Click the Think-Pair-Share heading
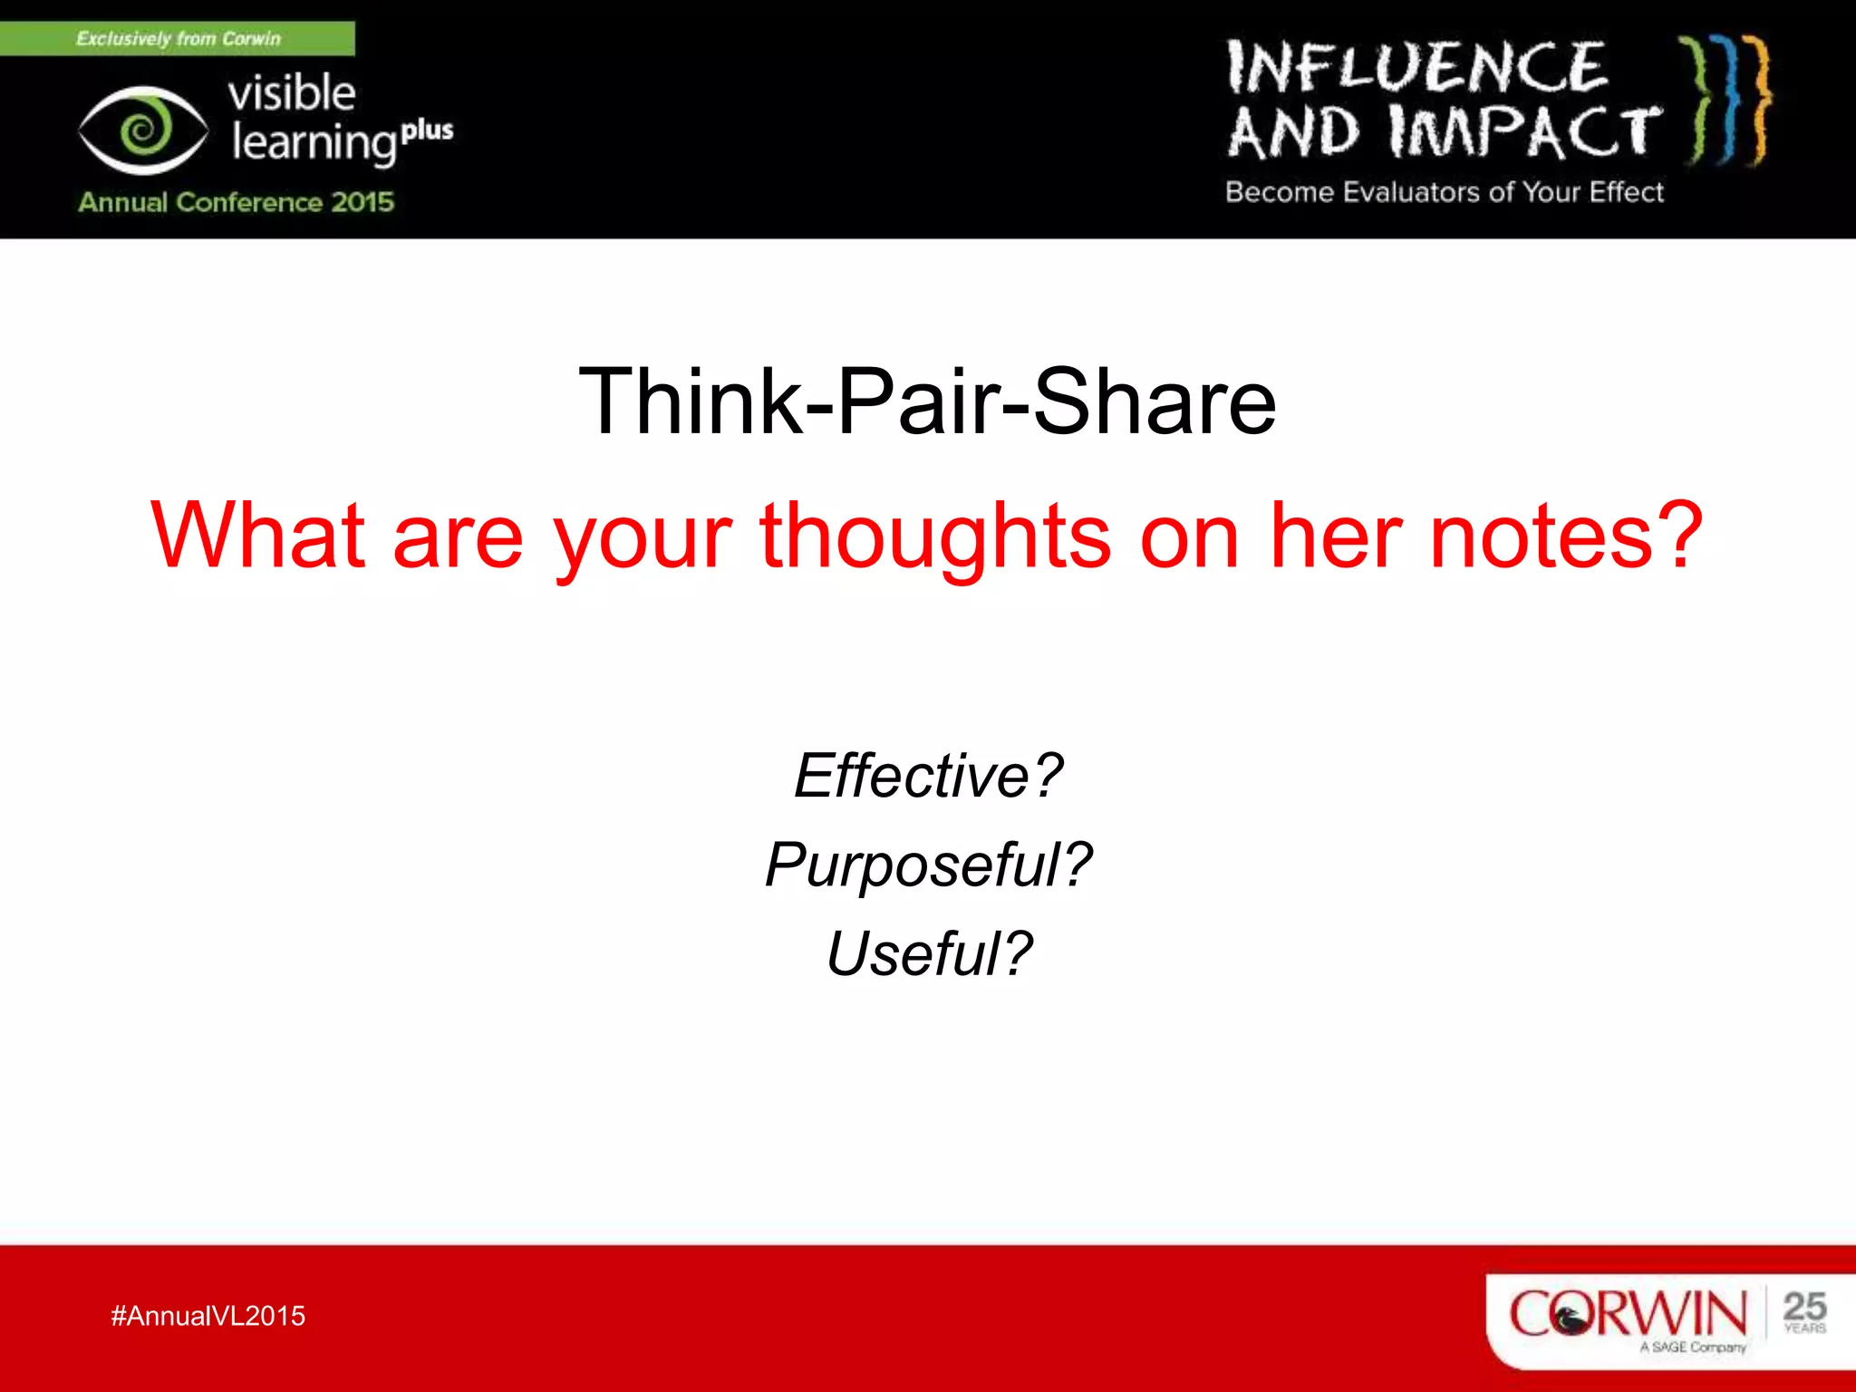[927, 401]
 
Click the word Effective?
[928, 776]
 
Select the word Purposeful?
[928, 865]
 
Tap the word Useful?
[928, 953]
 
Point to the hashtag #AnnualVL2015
[208, 1316]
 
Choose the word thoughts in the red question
[934, 536]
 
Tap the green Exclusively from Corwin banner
[178, 39]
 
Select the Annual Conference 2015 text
[236, 202]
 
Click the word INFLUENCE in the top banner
[1416, 68]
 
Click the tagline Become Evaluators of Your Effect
[1445, 192]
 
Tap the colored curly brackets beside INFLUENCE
[1726, 100]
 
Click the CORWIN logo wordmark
[1628, 1313]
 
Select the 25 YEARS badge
[1803, 1312]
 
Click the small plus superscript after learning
[427, 131]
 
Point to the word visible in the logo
[292, 93]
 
